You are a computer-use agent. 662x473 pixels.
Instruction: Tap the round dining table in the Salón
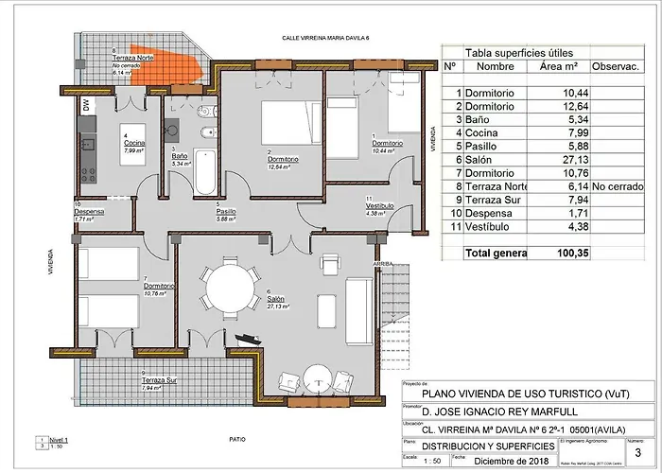231,288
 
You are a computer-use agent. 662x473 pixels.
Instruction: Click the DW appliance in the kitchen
86,105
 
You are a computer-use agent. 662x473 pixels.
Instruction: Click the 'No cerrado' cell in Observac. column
617,187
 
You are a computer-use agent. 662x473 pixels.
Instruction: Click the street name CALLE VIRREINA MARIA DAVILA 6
328,38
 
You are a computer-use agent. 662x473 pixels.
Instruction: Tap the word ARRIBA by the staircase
382,264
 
